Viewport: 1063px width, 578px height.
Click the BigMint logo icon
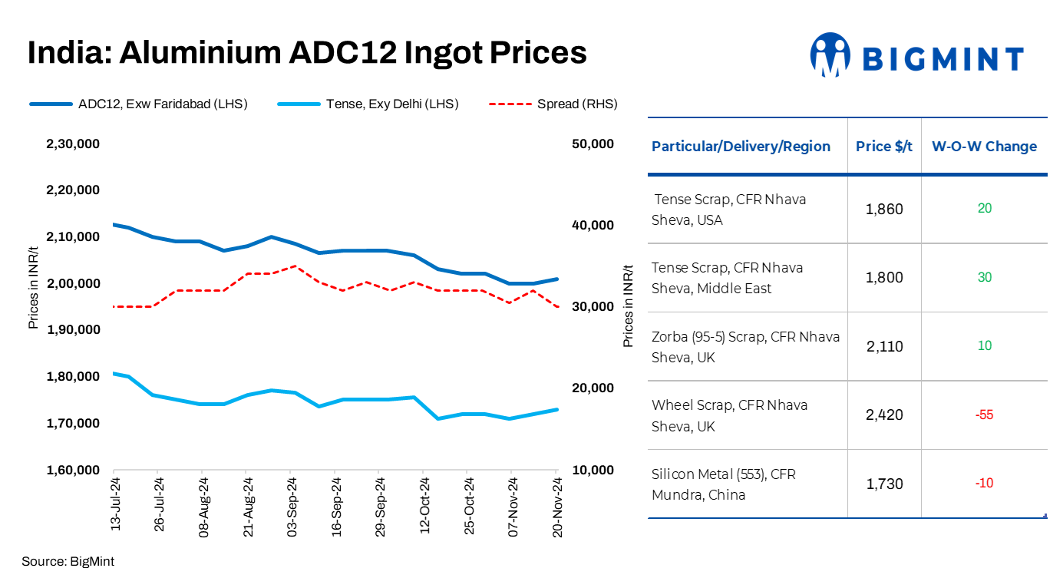(x=831, y=55)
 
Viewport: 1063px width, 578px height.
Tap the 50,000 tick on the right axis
(x=593, y=144)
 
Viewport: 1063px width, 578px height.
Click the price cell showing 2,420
(x=884, y=415)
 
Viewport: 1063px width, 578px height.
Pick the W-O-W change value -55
(x=984, y=415)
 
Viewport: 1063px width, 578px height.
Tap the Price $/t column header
(x=884, y=147)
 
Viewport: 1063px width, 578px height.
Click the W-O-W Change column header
(x=984, y=147)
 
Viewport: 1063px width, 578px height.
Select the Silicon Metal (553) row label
(x=723, y=484)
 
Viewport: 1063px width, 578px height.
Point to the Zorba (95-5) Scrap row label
(x=745, y=347)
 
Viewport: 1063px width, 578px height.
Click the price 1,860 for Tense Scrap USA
(x=884, y=210)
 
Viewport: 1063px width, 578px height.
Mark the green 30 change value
(x=984, y=277)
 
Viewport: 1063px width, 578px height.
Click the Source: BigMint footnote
(x=68, y=561)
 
